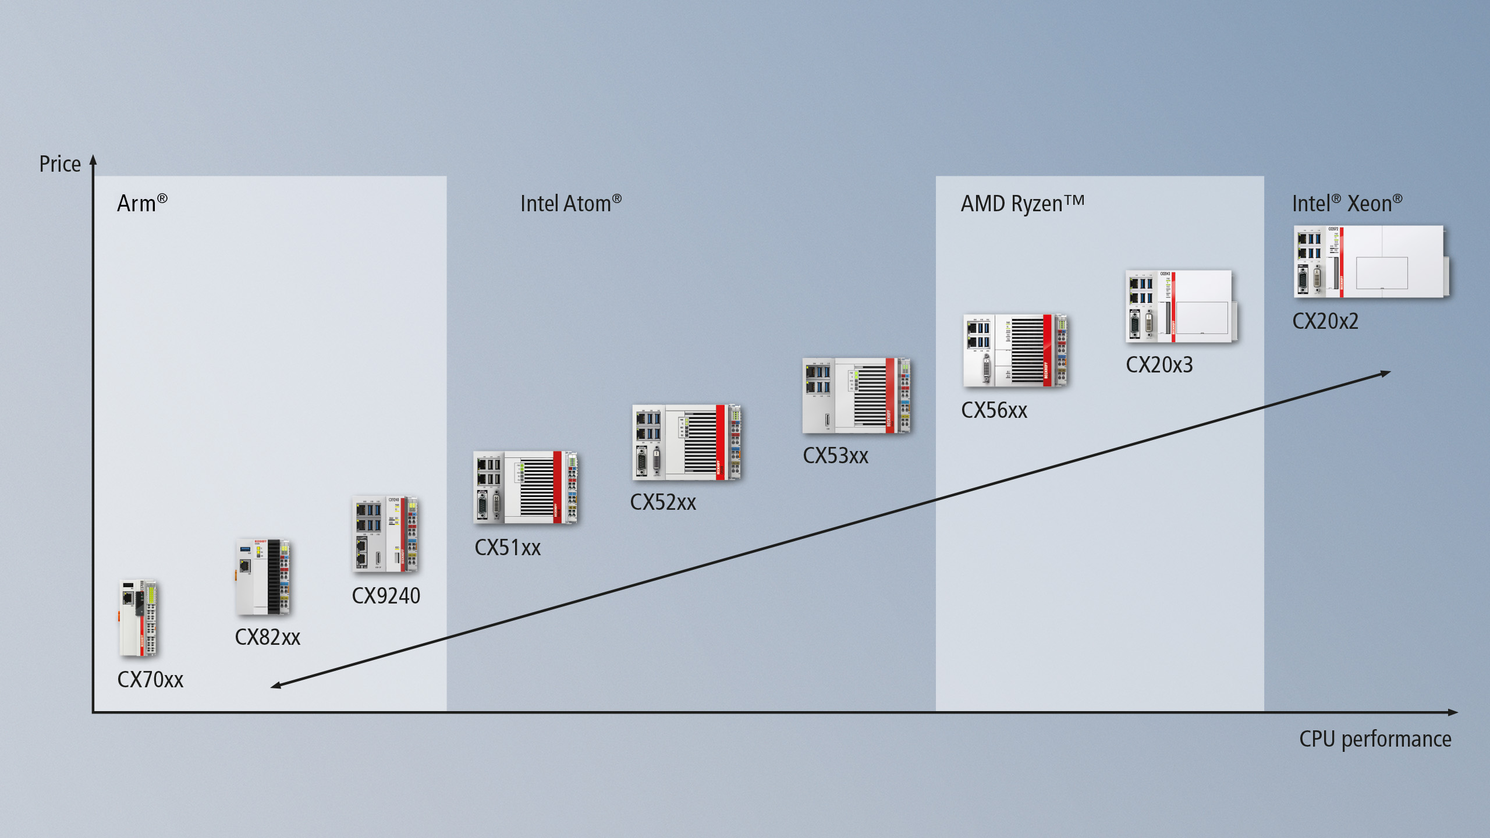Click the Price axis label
[60, 164]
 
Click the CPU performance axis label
[1375, 739]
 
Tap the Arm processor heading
[142, 203]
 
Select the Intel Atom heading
[570, 203]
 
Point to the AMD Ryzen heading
[1022, 203]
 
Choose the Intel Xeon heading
[1347, 203]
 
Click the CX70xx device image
[139, 618]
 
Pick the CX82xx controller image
[263, 577]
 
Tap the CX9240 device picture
[385, 534]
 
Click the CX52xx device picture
[686, 442]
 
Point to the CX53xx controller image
[856, 396]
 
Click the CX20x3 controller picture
[1180, 306]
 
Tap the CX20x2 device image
[1371, 262]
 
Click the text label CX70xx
[150, 680]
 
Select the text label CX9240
[386, 596]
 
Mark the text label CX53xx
[835, 456]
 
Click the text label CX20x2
[1325, 321]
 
